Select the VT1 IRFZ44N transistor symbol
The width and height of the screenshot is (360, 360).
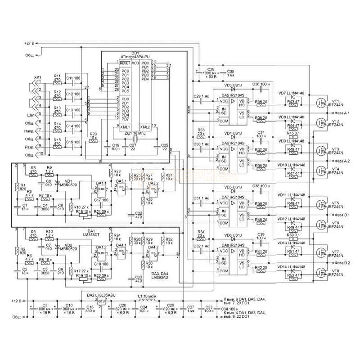tap(321, 102)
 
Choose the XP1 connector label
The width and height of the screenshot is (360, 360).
tap(37, 77)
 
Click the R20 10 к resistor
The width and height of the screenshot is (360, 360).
tap(93, 141)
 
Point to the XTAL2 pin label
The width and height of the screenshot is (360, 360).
tap(145, 126)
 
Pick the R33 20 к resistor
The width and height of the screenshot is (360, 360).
tap(201, 135)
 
